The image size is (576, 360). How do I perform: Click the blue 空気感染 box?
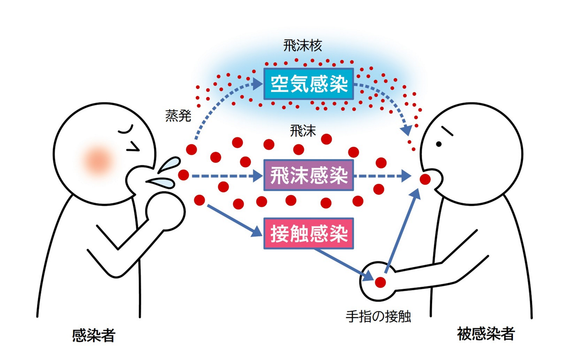point(309,83)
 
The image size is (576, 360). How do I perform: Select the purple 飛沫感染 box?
point(309,175)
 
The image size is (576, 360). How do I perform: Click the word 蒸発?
point(178,116)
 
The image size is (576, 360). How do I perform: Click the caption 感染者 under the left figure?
point(94,335)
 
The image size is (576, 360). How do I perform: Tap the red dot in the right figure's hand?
point(381,282)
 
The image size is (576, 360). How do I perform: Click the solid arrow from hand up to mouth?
point(402,232)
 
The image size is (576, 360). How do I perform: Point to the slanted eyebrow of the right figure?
point(447,131)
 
